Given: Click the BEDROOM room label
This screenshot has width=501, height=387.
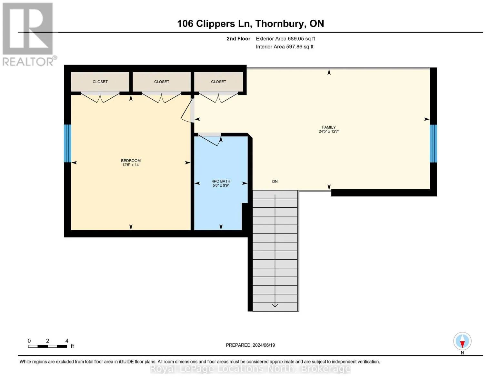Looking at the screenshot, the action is (x=131, y=160).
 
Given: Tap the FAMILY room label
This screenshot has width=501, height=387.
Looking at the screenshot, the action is (x=329, y=127).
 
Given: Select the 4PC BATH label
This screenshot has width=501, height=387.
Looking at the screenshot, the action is (x=221, y=181).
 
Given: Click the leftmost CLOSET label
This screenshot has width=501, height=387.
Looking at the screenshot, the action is (x=100, y=82).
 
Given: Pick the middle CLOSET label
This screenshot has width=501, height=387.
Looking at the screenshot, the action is (x=162, y=82).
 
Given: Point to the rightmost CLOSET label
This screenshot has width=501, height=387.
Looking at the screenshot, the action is (x=219, y=82).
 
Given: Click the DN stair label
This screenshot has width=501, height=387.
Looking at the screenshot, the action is (x=275, y=181).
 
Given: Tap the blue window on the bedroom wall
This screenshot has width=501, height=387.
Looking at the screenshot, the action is (x=67, y=144).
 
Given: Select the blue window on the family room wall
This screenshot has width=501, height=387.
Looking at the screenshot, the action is (x=434, y=144).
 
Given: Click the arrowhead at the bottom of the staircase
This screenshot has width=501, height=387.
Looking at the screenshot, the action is (x=275, y=306).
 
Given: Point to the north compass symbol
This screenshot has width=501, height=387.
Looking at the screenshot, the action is (x=462, y=341).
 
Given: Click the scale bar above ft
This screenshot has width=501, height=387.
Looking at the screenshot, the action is (x=47, y=346).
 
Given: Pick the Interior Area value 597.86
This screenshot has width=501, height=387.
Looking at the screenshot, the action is (x=294, y=46).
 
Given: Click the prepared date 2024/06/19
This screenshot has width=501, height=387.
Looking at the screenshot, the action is (x=264, y=345).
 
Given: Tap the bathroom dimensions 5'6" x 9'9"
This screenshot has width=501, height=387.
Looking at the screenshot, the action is (x=221, y=185).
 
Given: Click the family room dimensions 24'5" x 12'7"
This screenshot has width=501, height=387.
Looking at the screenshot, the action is (x=329, y=131).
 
